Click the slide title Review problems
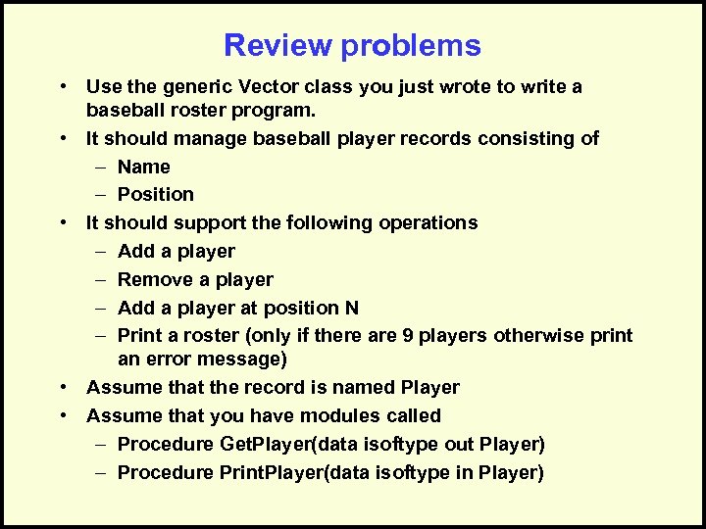[352, 45]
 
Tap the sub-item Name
[143, 167]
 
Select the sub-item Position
[155, 194]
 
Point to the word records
[431, 138]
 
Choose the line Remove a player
[195, 279]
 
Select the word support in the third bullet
[208, 222]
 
